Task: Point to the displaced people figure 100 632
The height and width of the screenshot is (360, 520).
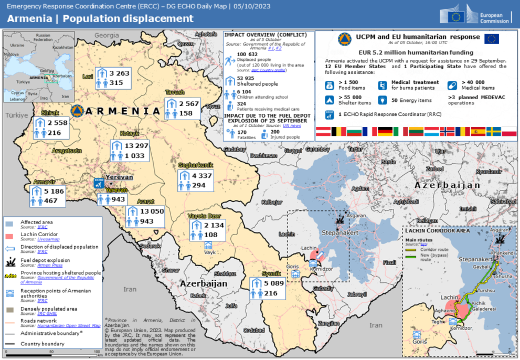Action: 247,54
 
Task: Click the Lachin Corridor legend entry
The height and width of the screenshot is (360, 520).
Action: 39,234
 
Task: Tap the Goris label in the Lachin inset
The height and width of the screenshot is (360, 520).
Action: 419,342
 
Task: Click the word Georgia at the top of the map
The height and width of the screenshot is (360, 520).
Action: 107,35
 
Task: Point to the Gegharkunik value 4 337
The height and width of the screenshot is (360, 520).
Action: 201,175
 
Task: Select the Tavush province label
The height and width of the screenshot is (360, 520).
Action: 175,93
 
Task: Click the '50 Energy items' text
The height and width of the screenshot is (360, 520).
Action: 411,100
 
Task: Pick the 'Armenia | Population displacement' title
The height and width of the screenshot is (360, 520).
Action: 100,19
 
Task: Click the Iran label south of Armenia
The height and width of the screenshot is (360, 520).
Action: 129,289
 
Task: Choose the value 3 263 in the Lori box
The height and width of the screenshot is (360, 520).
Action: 119,73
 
